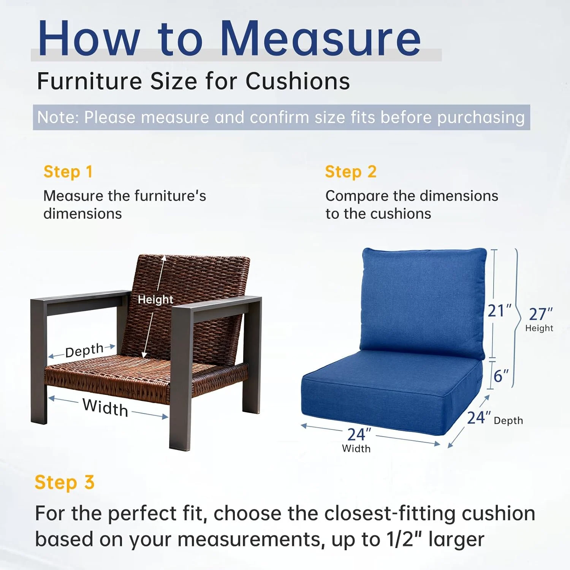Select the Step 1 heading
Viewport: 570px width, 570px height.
click(68, 172)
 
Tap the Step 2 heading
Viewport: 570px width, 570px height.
click(350, 172)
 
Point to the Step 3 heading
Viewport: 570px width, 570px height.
click(64, 483)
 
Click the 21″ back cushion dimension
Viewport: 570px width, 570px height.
click(500, 311)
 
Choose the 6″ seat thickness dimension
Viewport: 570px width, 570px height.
click(501, 376)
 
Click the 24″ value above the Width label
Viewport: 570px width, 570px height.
click(359, 434)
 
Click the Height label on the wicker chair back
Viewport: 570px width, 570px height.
click(155, 299)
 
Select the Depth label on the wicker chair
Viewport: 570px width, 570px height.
click(84, 350)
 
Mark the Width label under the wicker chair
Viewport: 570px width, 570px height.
click(105, 408)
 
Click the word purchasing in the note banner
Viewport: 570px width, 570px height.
click(481, 117)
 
